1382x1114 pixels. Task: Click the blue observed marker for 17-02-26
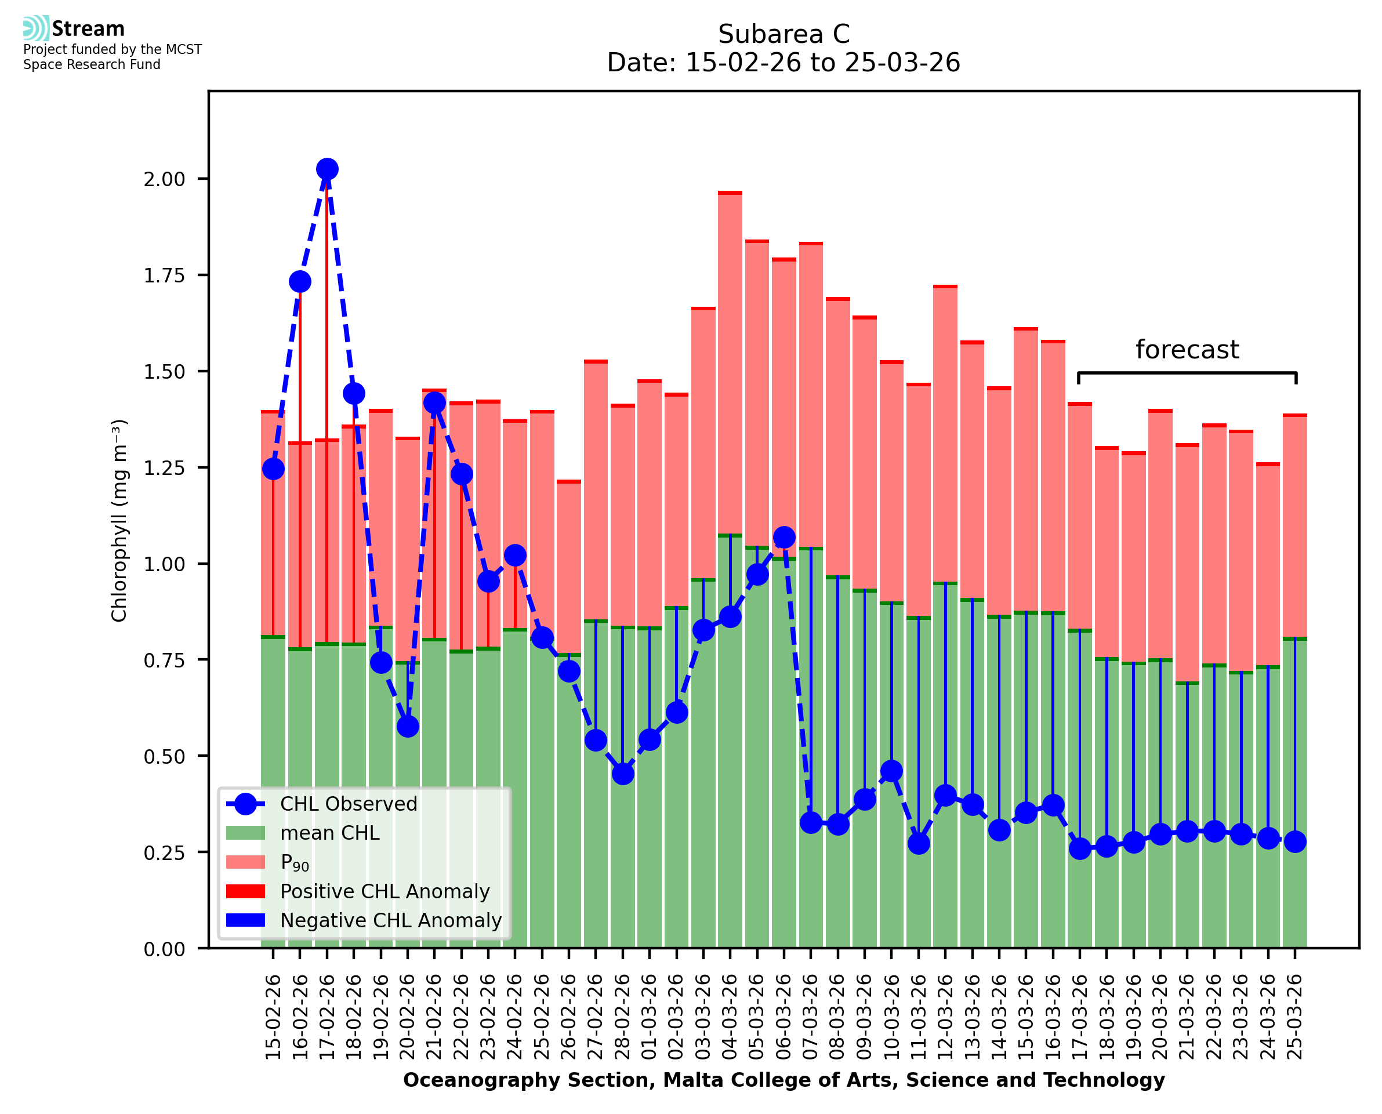point(327,169)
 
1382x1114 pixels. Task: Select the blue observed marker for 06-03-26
point(784,537)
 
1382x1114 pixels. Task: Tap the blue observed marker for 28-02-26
point(623,774)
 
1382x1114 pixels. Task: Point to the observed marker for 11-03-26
point(919,843)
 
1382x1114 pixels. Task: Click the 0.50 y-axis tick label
point(164,757)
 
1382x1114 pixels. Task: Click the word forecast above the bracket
point(1187,350)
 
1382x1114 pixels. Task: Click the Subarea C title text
point(784,34)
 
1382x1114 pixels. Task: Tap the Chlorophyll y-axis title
point(119,520)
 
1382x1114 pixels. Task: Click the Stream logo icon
point(36,28)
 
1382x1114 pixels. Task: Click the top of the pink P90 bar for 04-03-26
point(730,193)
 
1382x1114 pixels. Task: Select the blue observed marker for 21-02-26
point(434,403)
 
